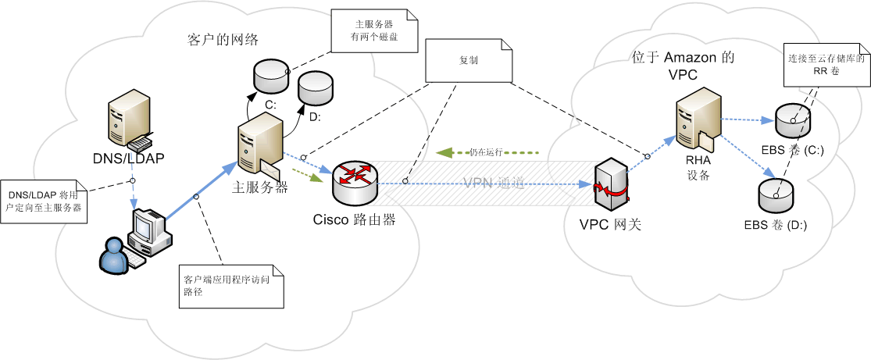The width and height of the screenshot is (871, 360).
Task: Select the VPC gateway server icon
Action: tap(609, 187)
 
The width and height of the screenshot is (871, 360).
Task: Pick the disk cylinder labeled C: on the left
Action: tap(270, 76)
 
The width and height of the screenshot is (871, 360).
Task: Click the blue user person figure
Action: tap(115, 256)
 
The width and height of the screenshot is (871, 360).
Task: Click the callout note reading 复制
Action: tap(469, 60)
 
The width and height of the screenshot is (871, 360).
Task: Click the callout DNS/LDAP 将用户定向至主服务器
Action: tap(44, 201)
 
